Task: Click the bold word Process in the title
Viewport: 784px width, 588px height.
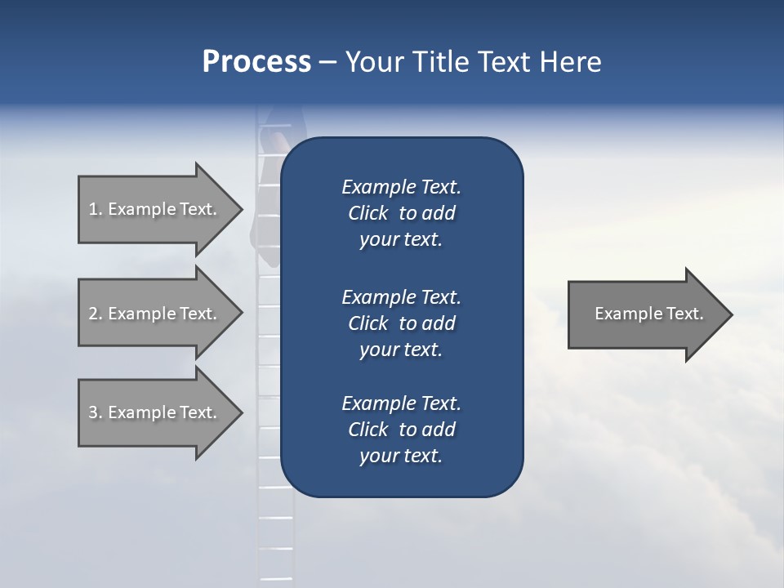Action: pos(256,62)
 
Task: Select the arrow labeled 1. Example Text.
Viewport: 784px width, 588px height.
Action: pos(155,209)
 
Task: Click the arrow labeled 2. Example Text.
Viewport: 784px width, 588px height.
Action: pos(155,314)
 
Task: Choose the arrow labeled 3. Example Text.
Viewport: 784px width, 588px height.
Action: pos(155,412)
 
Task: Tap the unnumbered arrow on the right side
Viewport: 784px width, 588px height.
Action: pos(645,314)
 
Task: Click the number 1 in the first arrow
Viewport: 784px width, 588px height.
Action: pos(93,209)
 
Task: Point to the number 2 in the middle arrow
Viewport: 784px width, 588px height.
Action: pos(93,314)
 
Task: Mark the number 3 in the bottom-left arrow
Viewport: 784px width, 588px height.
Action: pos(93,412)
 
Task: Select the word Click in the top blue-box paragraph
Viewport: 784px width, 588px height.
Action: pos(368,213)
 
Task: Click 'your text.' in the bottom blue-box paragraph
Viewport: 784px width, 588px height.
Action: pos(401,456)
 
